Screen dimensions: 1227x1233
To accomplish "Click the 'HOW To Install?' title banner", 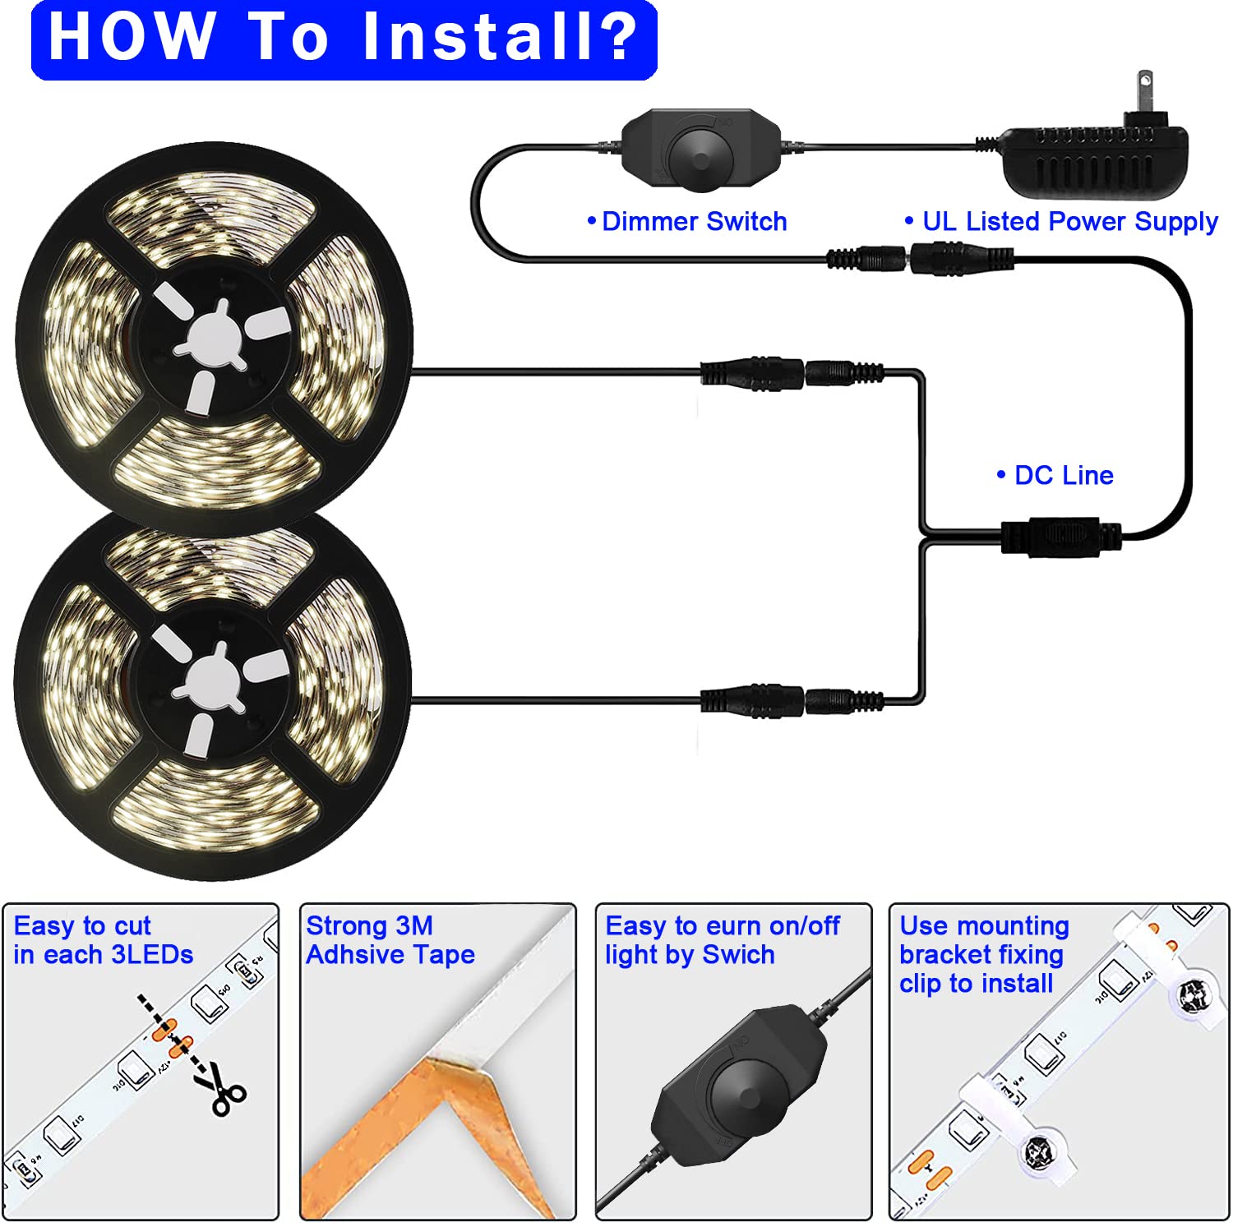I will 344,39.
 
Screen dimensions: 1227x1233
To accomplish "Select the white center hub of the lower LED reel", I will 212,682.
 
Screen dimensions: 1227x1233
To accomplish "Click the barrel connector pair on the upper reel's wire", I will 792,373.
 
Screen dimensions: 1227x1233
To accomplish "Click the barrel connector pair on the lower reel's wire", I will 792,701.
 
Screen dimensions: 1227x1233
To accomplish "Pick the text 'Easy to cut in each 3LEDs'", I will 103,940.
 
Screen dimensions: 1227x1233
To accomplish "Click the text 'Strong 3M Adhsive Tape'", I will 390,940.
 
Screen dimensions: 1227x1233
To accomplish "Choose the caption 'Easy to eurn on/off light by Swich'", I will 722,940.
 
